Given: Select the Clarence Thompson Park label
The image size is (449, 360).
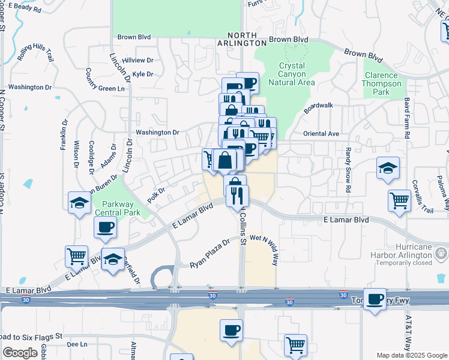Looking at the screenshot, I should (381, 83).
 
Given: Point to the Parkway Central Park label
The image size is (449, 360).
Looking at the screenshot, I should (121, 208).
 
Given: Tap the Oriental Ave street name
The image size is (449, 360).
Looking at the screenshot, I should (322, 133).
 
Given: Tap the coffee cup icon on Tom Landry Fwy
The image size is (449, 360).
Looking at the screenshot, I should (376, 300).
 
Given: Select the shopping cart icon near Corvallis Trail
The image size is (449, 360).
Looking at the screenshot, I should (399, 200).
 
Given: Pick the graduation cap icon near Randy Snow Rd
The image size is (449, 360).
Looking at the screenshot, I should (388, 169).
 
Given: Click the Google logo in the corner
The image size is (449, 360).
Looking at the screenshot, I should (20, 353).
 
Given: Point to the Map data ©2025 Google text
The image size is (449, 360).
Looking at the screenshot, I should (412, 355).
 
